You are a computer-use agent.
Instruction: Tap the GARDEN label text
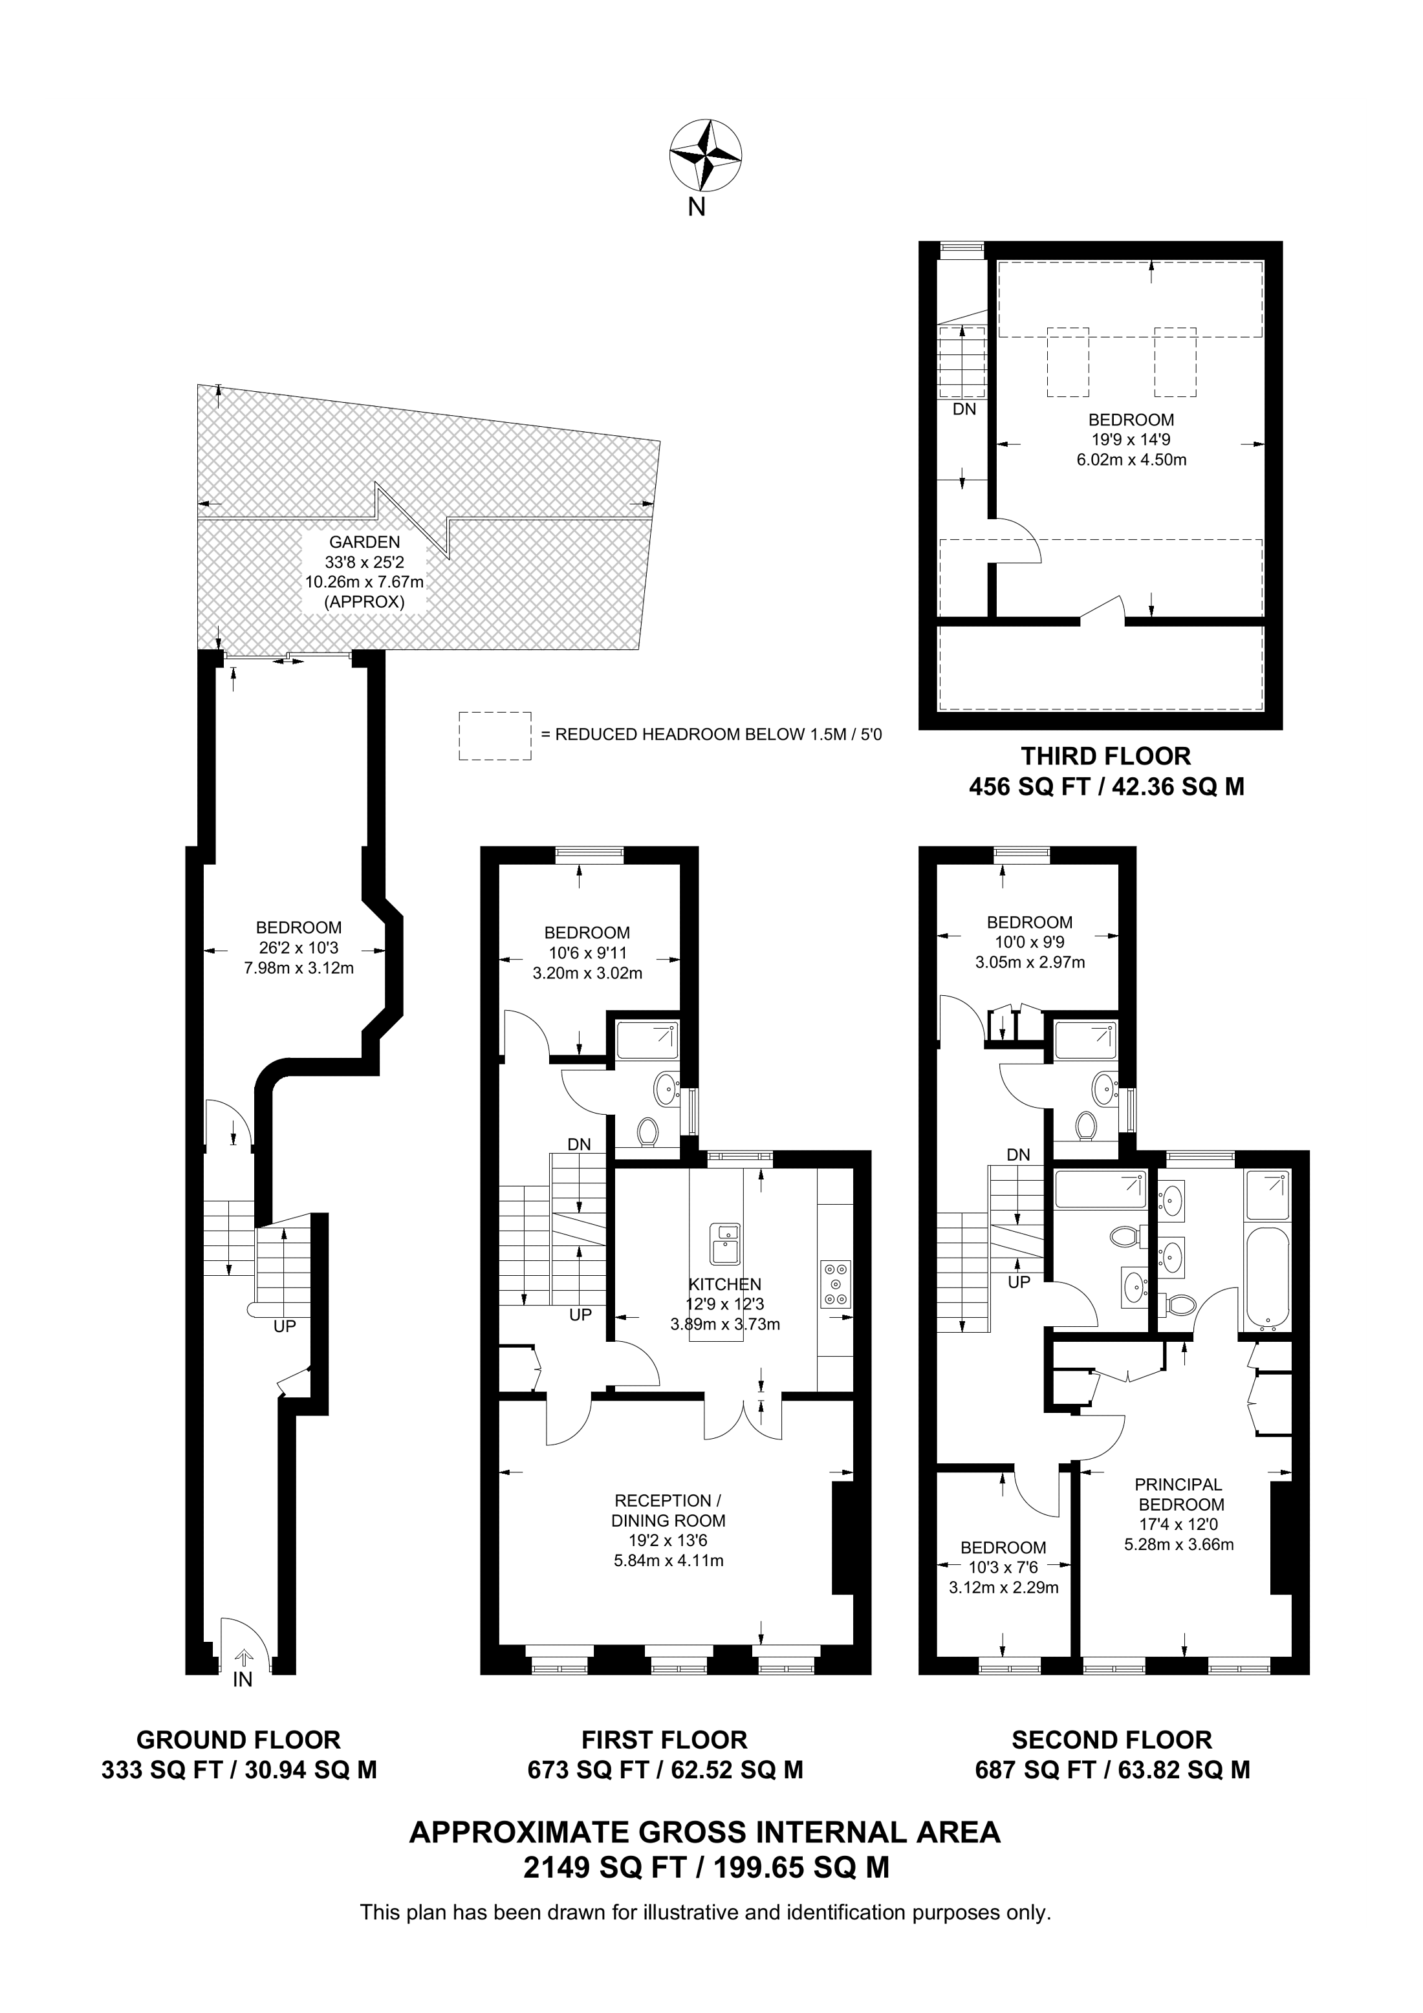coord(364,543)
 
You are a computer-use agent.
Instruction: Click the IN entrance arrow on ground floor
coord(244,1658)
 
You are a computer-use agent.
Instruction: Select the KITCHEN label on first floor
coord(724,1284)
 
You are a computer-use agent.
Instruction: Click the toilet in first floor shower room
coord(648,1132)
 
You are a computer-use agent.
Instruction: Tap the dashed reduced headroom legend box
coord(495,736)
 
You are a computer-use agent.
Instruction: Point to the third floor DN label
coord(964,409)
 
